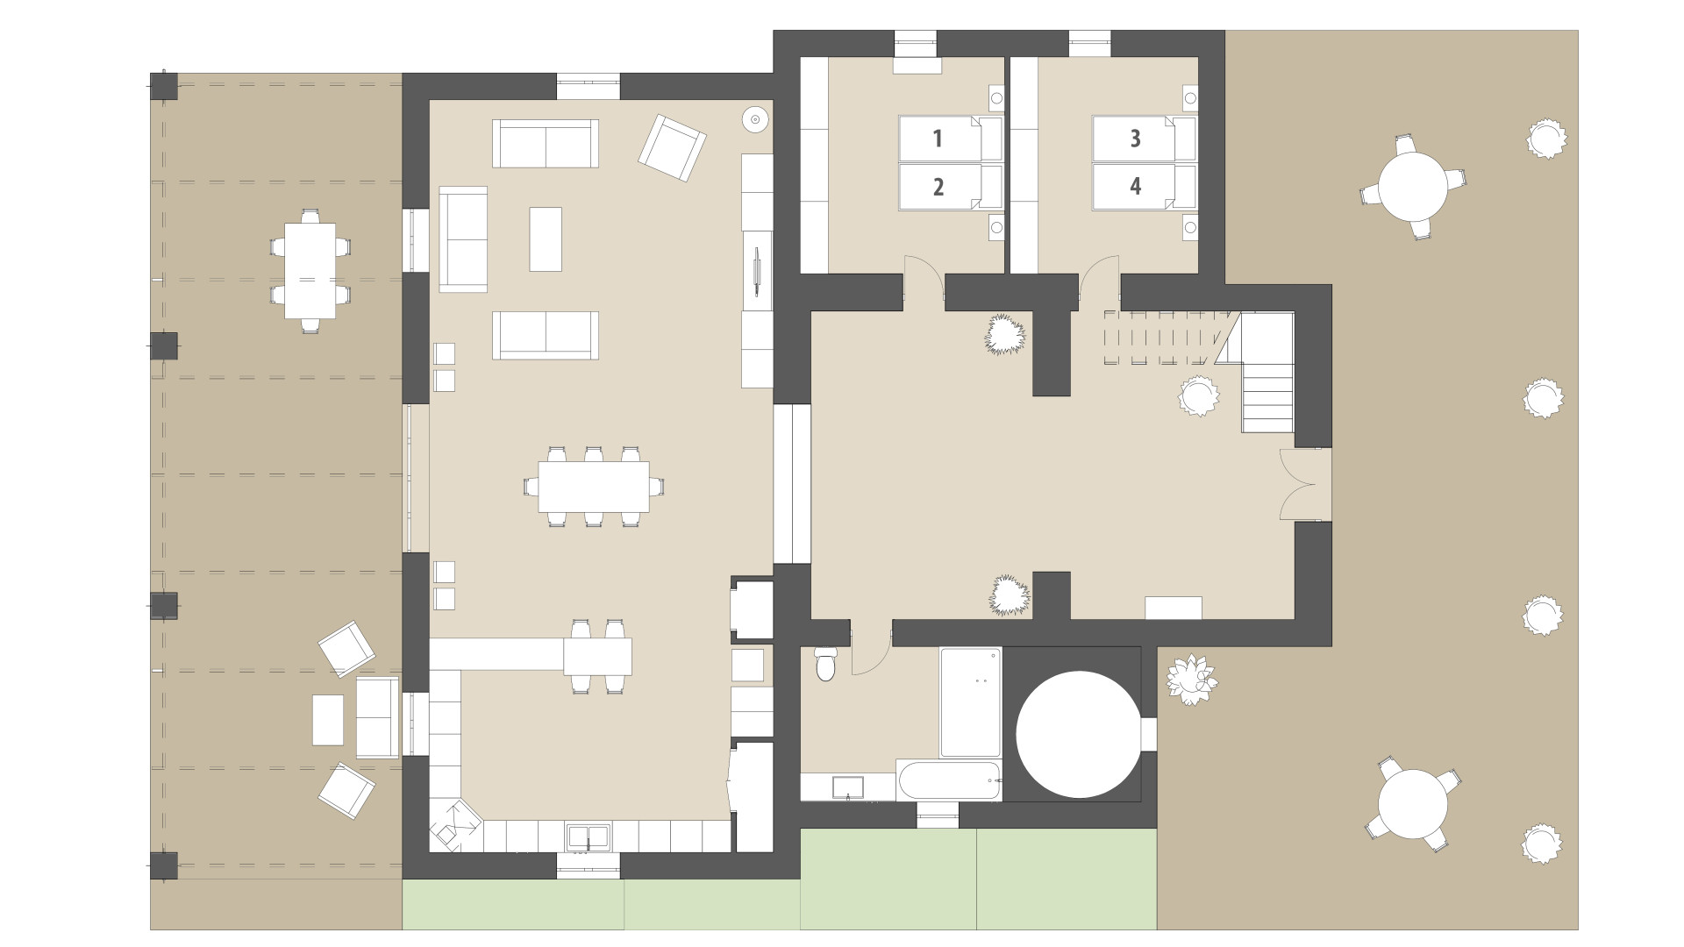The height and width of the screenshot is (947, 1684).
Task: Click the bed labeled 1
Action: (950, 139)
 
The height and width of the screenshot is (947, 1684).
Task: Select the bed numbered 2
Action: (950, 187)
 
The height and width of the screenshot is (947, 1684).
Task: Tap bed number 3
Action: (1144, 139)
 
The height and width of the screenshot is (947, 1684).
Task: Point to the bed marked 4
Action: (1144, 187)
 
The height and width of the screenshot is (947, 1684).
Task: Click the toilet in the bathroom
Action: (826, 664)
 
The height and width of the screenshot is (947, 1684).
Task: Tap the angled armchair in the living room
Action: (672, 148)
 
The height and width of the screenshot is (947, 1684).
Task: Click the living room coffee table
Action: (546, 239)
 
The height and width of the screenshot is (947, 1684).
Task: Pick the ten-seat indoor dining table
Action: (594, 487)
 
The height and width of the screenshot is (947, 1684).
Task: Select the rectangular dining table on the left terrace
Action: (310, 271)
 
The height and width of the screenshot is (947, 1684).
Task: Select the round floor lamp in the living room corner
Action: (755, 118)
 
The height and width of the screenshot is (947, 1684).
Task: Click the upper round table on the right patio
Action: (1412, 187)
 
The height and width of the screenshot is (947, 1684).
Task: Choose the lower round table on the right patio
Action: (1412, 804)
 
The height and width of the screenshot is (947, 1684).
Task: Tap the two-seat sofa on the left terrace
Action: (377, 717)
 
